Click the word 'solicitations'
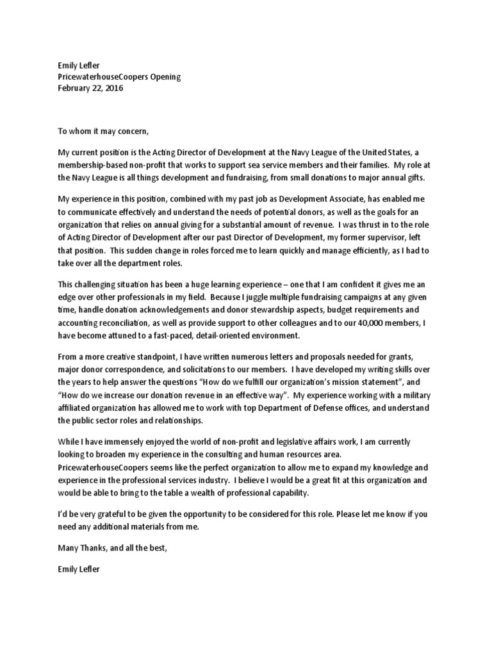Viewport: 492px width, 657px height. click(x=215, y=370)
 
